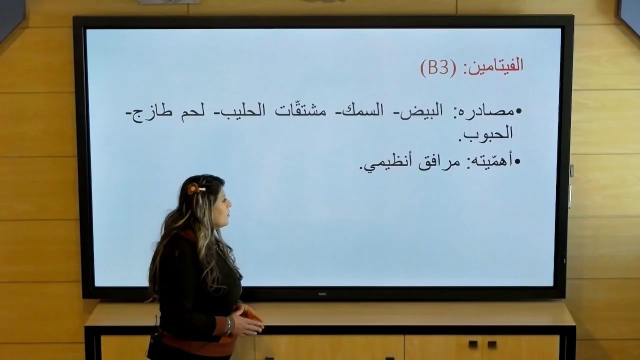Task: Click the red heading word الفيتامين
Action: click(x=493, y=67)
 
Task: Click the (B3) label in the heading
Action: click(x=438, y=67)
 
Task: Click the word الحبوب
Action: click(x=487, y=133)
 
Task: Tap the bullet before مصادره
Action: click(x=518, y=111)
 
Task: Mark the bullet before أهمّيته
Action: click(x=518, y=162)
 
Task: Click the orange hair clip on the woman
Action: click(x=194, y=189)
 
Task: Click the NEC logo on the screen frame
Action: click(x=322, y=294)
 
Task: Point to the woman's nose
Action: click(x=230, y=204)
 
